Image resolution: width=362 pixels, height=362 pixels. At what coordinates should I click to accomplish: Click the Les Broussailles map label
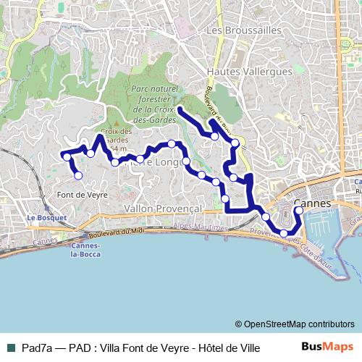tap(243, 30)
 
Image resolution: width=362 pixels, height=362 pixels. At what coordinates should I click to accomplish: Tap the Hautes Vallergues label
tap(250, 72)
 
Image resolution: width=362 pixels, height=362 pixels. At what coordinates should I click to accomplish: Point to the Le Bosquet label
tap(47, 216)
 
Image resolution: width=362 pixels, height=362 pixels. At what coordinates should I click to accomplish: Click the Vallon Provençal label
tap(162, 209)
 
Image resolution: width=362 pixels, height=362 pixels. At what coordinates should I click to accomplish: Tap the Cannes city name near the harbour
tap(313, 204)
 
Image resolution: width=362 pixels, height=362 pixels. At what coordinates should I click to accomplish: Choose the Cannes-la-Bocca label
tap(86, 249)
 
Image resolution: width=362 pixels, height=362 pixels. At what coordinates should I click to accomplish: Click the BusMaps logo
tap(327, 347)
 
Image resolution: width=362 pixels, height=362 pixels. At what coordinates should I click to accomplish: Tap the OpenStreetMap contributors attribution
tap(295, 324)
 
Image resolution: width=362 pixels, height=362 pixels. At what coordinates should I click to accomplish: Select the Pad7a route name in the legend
tap(38, 348)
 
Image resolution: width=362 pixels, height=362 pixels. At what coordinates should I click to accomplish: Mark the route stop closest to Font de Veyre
tap(78, 175)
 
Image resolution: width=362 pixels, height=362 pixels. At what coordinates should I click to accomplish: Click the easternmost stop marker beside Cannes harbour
tap(299, 211)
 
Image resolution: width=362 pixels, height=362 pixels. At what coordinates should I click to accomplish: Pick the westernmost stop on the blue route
tap(67, 156)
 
